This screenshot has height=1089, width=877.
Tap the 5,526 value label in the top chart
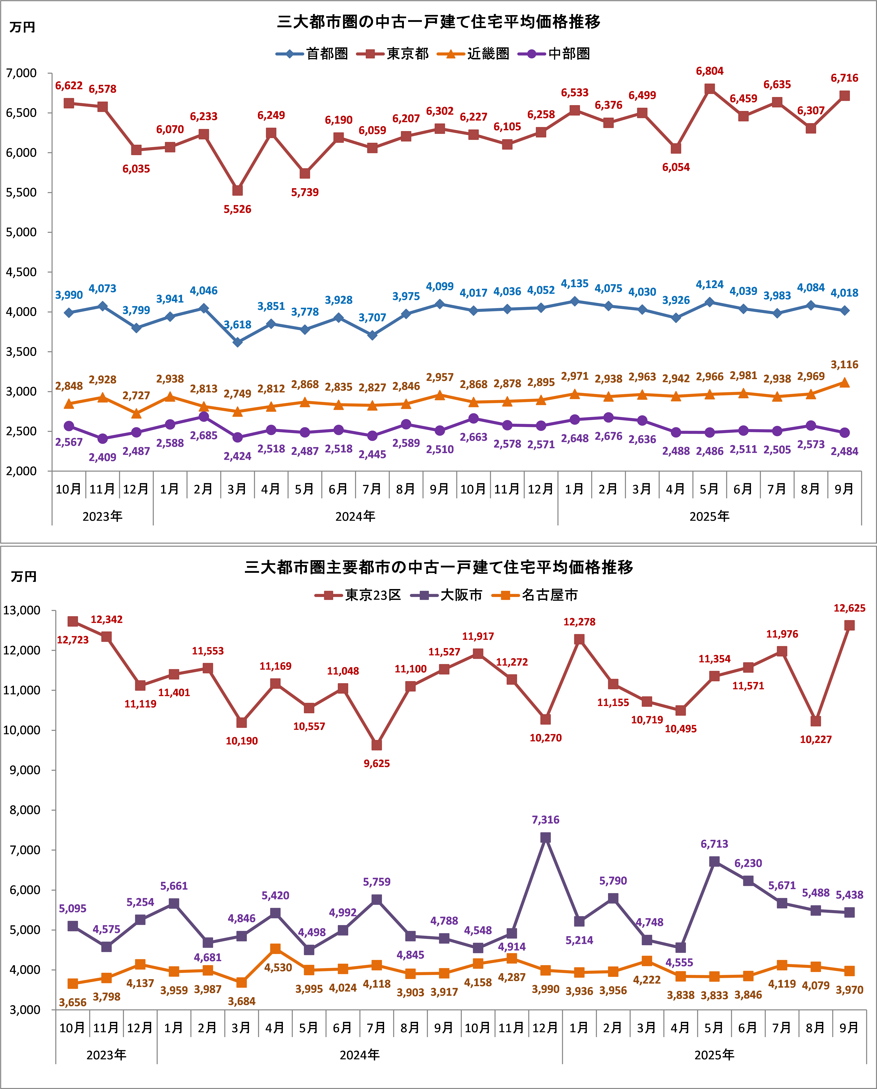pos(237,209)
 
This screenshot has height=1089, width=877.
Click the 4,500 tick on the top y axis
pos(21,272)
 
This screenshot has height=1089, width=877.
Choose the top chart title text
pos(439,22)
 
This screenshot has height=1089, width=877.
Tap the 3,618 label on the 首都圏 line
pos(237,324)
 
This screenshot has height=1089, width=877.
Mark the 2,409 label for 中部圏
pos(103,457)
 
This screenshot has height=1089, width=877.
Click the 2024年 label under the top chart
pos(355,516)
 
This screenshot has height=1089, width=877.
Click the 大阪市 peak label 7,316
pos(546,820)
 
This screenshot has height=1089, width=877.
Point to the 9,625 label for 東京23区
pos(377,763)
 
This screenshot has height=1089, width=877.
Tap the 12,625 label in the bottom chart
pos(849,608)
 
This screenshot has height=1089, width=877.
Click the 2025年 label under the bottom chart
pos(714,1055)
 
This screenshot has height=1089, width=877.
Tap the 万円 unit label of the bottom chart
pos(24,577)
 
